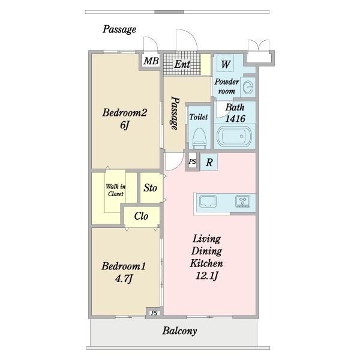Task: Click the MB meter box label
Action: click(x=151, y=61)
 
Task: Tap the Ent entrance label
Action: click(x=182, y=64)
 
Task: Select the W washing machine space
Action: click(x=225, y=64)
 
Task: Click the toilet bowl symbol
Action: click(x=199, y=139)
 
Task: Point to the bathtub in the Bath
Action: click(x=234, y=136)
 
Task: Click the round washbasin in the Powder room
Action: click(x=247, y=87)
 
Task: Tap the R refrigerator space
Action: click(x=209, y=162)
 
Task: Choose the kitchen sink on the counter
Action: click(x=208, y=202)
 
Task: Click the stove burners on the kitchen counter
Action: click(x=242, y=202)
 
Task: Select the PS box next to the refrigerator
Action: click(x=193, y=161)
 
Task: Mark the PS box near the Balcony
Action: click(x=154, y=313)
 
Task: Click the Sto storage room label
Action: click(x=151, y=188)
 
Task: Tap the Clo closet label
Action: click(x=141, y=216)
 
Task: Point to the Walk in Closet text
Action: click(x=116, y=190)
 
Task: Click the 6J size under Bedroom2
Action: click(x=125, y=125)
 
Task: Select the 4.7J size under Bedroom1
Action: click(x=124, y=278)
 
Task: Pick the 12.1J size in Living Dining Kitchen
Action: click(x=206, y=275)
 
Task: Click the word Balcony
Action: click(x=179, y=331)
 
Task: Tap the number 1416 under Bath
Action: click(x=235, y=118)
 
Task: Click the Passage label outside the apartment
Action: click(x=119, y=29)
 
